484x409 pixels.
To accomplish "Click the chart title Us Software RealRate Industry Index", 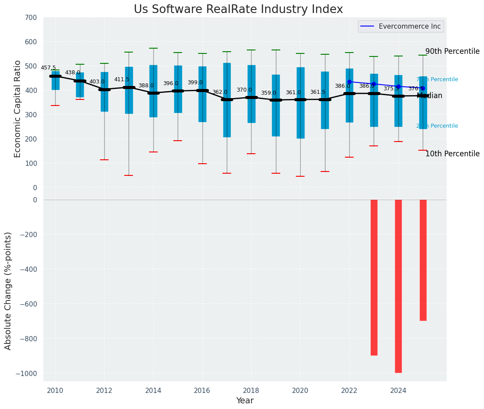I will point(238,10).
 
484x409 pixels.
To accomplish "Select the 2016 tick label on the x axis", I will point(202,390).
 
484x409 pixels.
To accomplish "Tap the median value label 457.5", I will point(48,68).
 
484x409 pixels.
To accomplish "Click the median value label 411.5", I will point(122,80).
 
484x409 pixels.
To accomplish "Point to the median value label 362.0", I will point(220,92).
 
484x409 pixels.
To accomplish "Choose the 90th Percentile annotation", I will point(452,51).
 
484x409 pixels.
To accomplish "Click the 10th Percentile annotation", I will point(452,154).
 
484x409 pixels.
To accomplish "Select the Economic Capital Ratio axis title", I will point(18,109).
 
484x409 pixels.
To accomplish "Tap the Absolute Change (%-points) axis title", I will point(8,290).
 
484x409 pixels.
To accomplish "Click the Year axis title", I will point(245,401).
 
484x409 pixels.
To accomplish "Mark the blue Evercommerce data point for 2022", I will point(349,82).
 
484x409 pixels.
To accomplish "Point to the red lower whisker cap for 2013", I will point(129,175).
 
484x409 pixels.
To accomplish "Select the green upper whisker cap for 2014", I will point(153,48).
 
